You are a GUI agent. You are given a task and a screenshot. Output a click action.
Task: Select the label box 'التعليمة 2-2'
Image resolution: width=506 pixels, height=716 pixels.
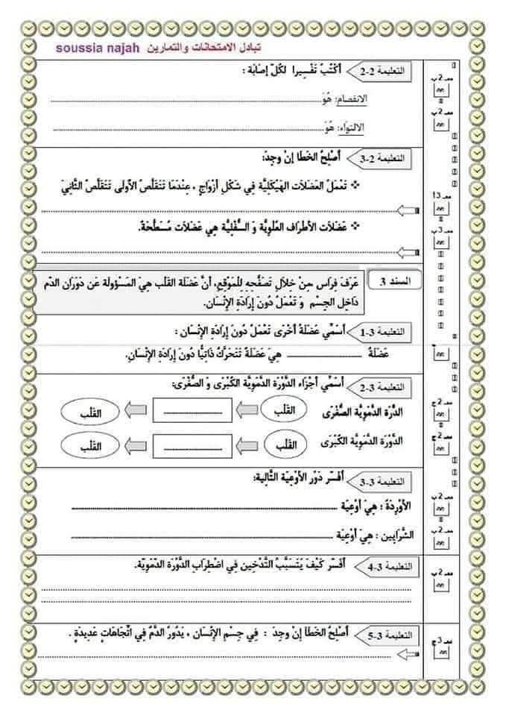pyautogui.click(x=395, y=72)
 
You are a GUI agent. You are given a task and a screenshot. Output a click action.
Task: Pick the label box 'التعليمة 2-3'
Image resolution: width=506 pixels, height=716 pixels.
pyautogui.click(x=395, y=159)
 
